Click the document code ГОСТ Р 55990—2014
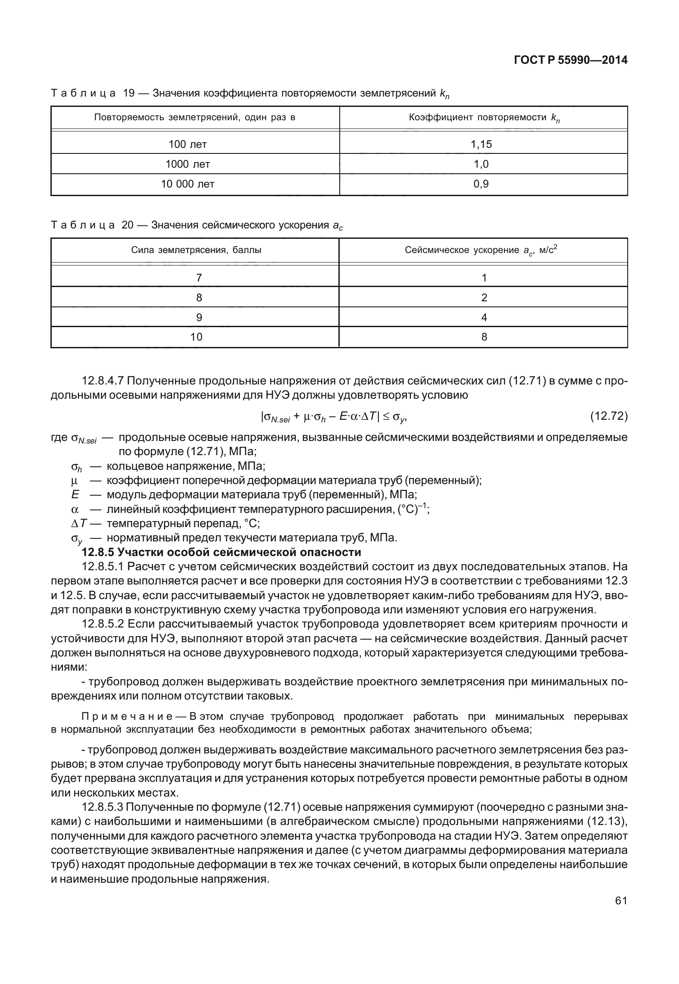click(x=570, y=60)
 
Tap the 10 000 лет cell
click(x=188, y=184)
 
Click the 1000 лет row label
click(x=188, y=164)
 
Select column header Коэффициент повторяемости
click(x=484, y=118)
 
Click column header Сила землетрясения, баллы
click(x=196, y=250)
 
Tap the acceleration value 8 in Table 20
click(x=484, y=337)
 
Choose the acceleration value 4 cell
click(x=484, y=317)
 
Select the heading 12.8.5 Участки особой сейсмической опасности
click(x=221, y=552)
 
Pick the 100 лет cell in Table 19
click(x=188, y=144)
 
